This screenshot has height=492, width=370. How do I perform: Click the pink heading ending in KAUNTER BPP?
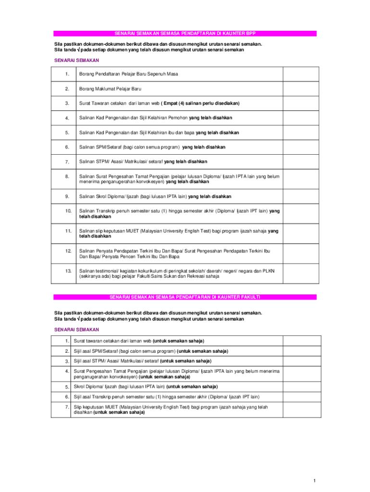185,34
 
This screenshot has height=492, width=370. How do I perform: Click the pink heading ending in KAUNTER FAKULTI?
185,297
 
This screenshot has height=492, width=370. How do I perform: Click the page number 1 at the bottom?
313,481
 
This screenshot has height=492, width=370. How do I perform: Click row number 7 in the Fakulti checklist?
67,407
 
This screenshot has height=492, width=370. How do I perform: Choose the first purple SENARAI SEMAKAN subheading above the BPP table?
76,61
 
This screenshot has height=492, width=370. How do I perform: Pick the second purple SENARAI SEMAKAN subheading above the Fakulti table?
76,330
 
